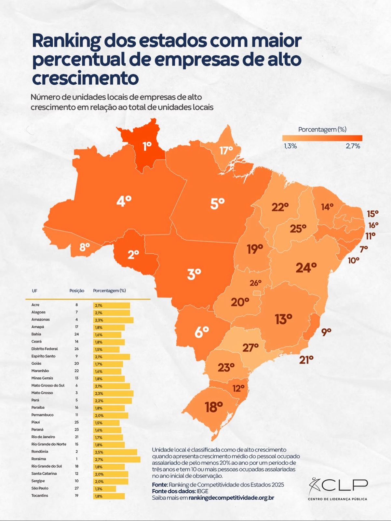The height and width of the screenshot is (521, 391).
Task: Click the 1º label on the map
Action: [x=147, y=147]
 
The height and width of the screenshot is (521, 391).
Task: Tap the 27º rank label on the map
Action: [x=250, y=347]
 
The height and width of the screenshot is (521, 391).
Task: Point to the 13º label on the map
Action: [x=283, y=319]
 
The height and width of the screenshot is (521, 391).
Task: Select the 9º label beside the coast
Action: [x=326, y=332]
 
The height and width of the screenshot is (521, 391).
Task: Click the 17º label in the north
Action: [x=226, y=150]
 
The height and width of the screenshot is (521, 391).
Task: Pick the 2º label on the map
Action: [x=133, y=254]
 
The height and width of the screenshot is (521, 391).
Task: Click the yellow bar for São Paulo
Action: [x=105, y=489]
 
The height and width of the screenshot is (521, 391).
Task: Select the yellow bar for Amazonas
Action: [x=113, y=320]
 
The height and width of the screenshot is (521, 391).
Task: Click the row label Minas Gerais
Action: [x=42, y=378]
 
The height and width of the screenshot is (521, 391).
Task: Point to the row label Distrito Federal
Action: [x=45, y=349]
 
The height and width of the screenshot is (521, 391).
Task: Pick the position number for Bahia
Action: [x=77, y=334]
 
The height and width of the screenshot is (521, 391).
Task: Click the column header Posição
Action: [x=77, y=290]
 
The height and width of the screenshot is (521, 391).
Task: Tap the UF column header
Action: [x=34, y=290]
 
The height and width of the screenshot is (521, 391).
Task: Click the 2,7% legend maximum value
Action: [x=353, y=146]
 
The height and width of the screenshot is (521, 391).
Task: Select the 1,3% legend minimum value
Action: [x=290, y=146]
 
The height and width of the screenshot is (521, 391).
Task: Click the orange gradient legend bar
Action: [x=322, y=138]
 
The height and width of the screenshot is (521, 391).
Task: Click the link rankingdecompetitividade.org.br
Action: [x=231, y=498]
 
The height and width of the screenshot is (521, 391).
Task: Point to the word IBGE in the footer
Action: [x=202, y=491]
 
